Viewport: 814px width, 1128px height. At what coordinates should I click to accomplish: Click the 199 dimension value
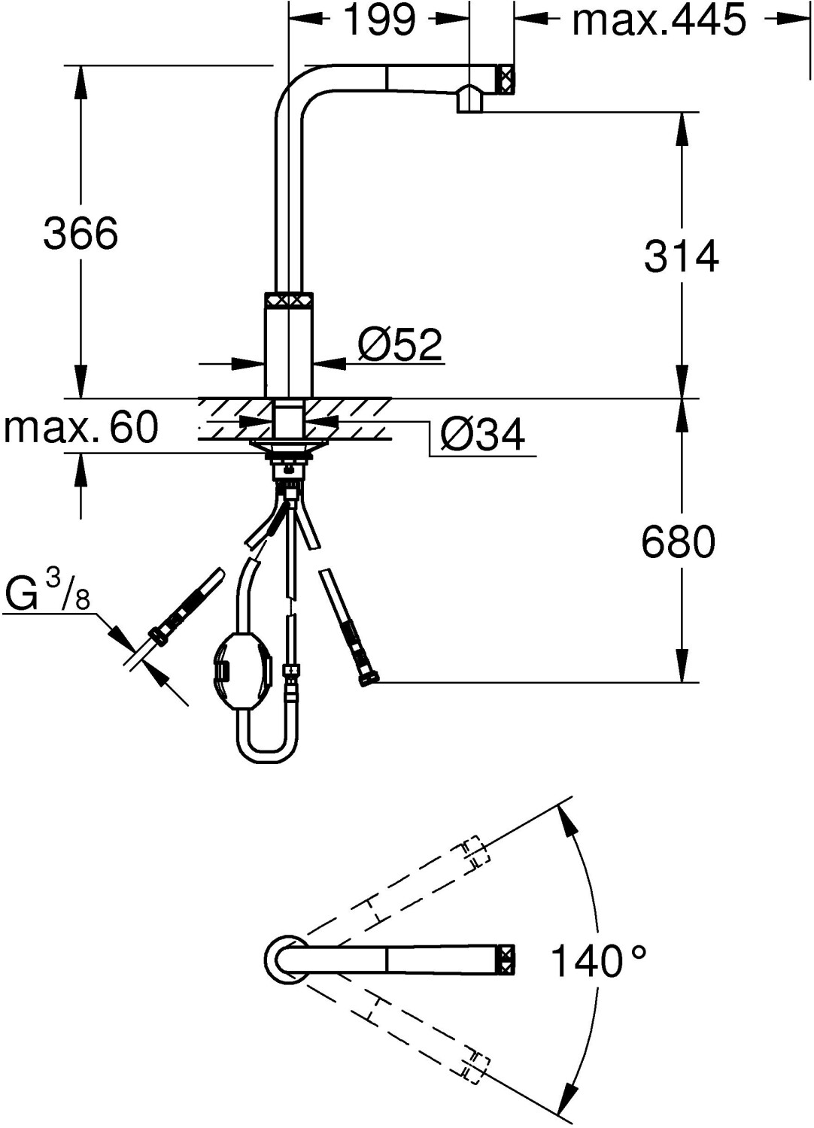tap(379, 20)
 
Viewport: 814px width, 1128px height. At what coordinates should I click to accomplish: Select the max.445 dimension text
tap(659, 20)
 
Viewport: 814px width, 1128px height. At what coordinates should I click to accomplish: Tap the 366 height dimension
tap(80, 233)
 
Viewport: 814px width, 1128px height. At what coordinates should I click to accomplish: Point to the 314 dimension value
tap(681, 256)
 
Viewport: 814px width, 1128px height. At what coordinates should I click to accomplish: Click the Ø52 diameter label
tap(399, 344)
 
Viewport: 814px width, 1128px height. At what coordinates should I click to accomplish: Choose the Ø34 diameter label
tap(482, 434)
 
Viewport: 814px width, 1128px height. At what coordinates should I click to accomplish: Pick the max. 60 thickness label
tap(81, 427)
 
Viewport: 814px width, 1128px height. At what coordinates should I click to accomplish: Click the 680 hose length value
tap(678, 541)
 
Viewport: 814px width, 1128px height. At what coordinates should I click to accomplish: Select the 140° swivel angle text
tap(599, 961)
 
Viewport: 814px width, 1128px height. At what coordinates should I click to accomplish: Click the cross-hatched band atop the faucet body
tap(287, 299)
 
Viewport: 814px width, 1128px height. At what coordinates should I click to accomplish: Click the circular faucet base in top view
tap(285, 960)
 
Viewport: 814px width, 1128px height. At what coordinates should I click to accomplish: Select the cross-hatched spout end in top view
tap(506, 960)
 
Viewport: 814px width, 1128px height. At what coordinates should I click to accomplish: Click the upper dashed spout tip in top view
tap(470, 854)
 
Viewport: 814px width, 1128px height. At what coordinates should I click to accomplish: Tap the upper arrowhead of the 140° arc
tap(566, 819)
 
